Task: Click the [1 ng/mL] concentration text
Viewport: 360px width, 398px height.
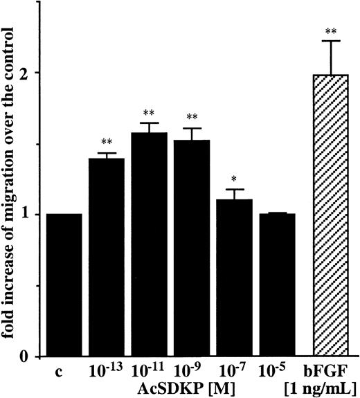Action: click(x=330, y=386)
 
